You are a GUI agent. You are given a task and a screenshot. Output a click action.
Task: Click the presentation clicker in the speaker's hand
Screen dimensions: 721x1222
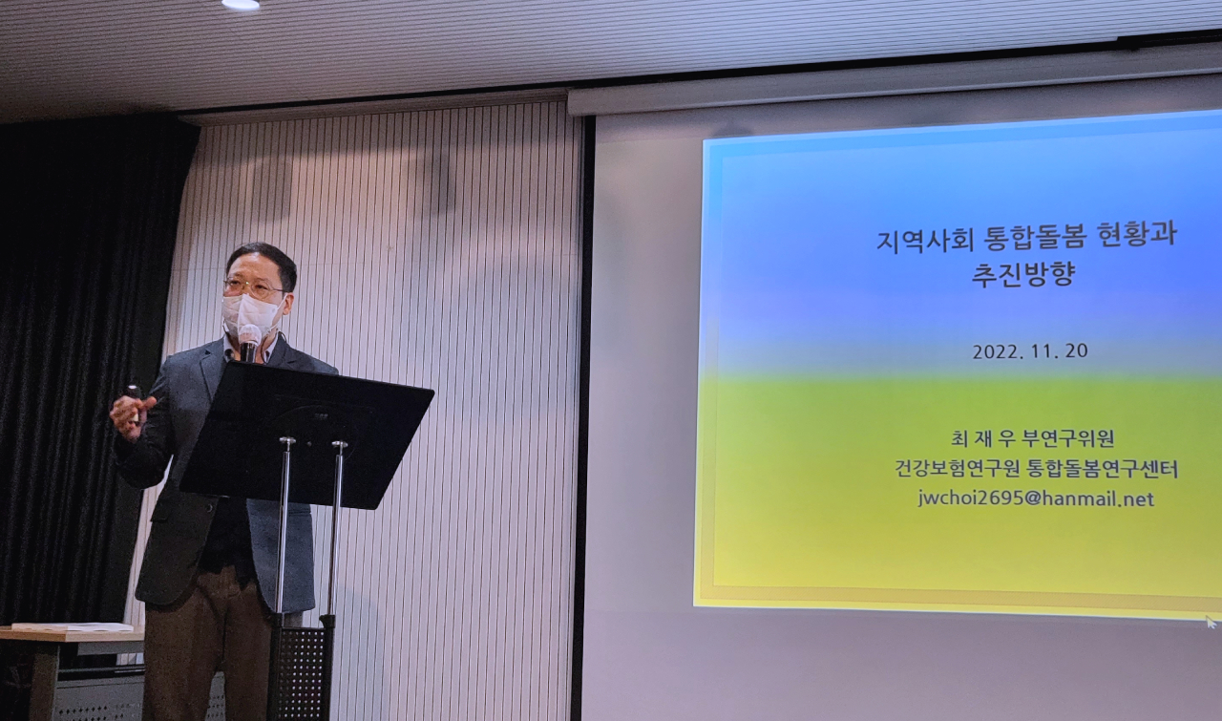tap(134, 393)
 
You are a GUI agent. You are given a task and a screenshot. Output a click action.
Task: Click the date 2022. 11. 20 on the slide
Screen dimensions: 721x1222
tap(1029, 350)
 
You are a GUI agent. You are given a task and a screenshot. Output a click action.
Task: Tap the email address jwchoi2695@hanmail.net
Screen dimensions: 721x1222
tap(1036, 498)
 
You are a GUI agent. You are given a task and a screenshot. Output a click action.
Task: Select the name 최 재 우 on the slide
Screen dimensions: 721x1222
tap(982, 439)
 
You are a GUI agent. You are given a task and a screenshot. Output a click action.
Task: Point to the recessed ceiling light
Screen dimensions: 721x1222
tap(240, 5)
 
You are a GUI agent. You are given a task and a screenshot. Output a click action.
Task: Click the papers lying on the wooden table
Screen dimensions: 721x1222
tap(72, 627)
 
